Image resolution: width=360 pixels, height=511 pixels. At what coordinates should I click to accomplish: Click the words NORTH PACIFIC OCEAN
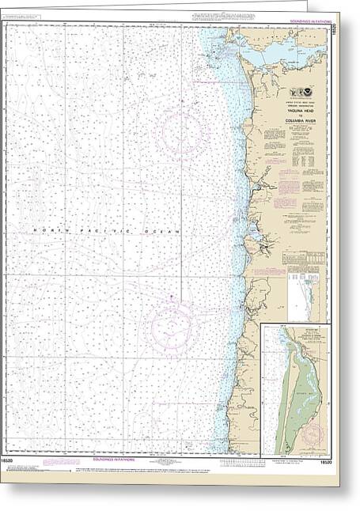point(107,229)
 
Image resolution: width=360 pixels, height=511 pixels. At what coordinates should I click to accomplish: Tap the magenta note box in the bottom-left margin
point(55,467)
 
